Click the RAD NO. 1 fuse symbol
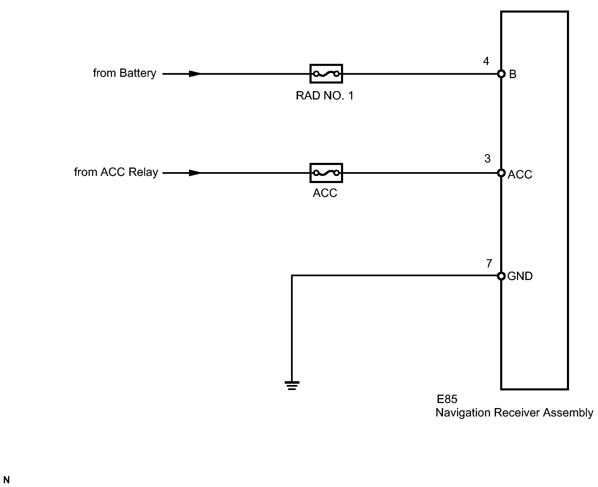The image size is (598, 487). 326,74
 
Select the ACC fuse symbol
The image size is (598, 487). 326,173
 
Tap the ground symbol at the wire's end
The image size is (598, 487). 292,385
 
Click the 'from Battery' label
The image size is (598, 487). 124,73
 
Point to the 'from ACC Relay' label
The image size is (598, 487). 116,173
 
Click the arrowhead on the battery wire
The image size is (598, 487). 195,74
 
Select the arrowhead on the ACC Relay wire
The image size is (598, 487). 195,173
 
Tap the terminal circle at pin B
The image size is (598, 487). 501,74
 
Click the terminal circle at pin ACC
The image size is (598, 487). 501,173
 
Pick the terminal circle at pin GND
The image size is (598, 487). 501,276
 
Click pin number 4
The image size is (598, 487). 486,62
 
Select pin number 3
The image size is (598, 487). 487,159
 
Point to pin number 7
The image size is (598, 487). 489,264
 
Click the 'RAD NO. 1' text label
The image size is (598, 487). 325,96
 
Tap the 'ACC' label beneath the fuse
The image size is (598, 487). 325,193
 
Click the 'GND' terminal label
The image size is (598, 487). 520,276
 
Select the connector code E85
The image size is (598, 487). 447,399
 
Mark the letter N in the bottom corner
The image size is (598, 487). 6,480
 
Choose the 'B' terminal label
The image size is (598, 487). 513,74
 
